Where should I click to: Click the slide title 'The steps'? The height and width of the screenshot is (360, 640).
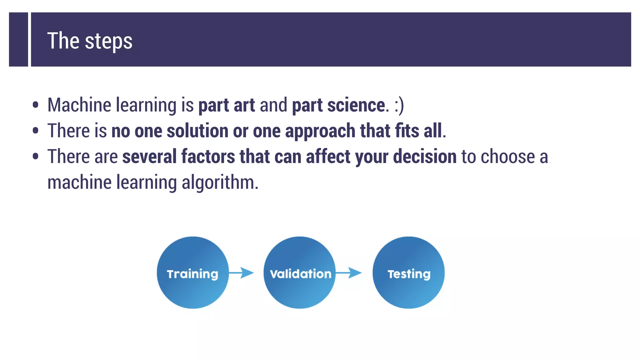click(90, 41)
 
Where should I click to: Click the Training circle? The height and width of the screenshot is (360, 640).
click(193, 272)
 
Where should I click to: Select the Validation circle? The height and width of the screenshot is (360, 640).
click(300, 272)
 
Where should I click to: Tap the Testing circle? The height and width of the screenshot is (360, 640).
click(408, 272)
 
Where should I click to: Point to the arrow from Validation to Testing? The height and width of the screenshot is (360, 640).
click(349, 272)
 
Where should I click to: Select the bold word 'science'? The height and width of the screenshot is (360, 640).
click(356, 105)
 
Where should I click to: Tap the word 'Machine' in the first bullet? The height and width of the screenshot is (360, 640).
click(79, 105)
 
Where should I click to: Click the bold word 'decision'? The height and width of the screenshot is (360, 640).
click(425, 157)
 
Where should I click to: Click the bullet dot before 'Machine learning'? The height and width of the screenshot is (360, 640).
click(36, 105)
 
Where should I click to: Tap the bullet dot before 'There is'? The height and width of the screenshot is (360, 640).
click(36, 131)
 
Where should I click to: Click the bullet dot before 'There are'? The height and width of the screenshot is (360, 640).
click(36, 156)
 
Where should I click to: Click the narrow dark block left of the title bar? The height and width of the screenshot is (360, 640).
click(18, 39)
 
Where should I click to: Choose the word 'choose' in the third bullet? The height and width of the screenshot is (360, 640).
click(507, 157)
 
